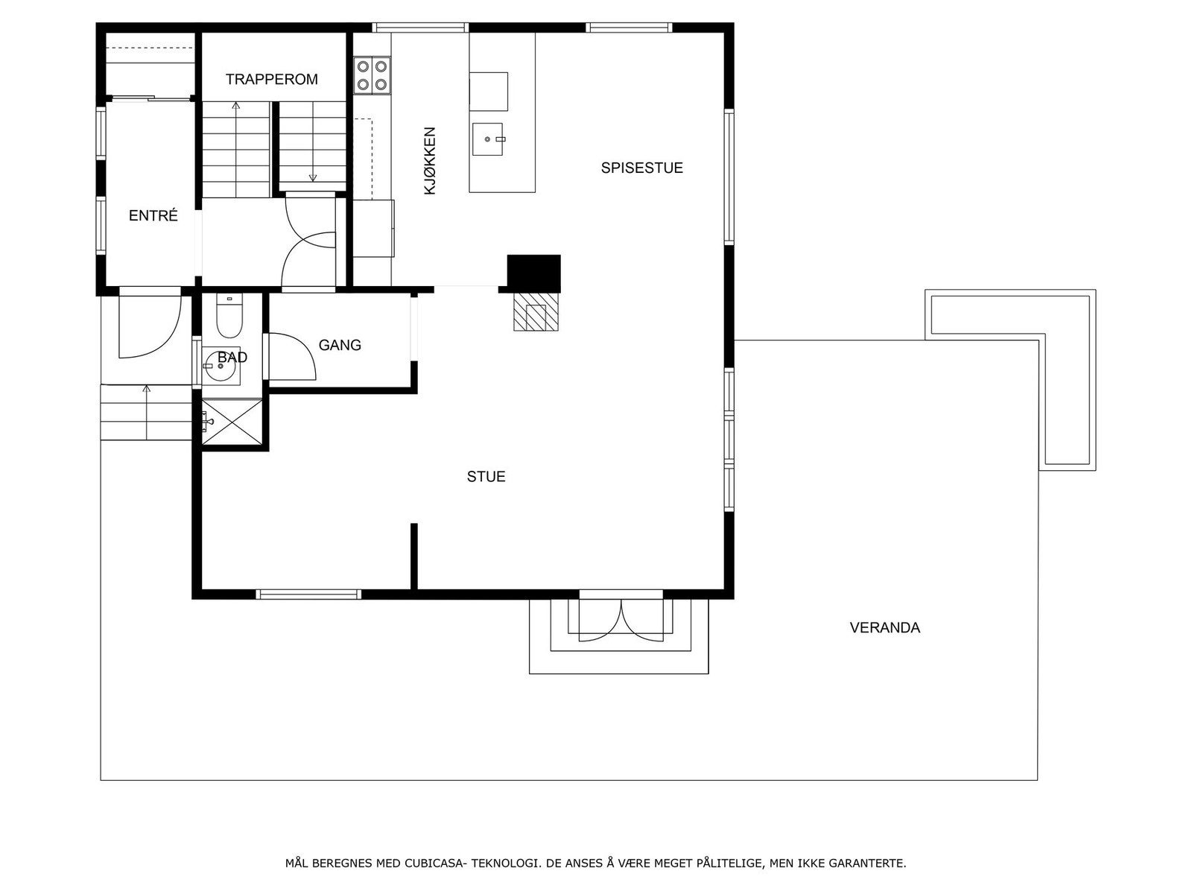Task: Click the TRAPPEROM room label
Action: click(x=271, y=79)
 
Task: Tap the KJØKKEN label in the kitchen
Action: click(x=429, y=161)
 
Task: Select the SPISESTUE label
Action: click(x=641, y=168)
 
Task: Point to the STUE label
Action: click(x=486, y=476)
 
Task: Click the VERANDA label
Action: click(x=884, y=627)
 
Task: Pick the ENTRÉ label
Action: click(x=153, y=216)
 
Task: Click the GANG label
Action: click(x=340, y=345)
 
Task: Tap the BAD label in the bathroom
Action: click(x=232, y=358)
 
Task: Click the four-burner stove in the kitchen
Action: click(x=372, y=74)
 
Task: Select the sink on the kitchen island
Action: click(x=488, y=139)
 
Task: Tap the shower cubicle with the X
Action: click(x=232, y=422)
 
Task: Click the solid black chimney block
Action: click(x=533, y=273)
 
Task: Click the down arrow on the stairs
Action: click(x=313, y=177)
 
